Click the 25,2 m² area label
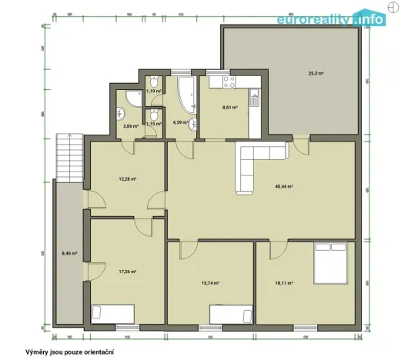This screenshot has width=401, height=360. tap(316, 73)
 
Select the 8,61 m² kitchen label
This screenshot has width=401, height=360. tap(229, 108)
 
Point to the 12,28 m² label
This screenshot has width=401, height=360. tap(128, 179)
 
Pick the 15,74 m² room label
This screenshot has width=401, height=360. tap(210, 282)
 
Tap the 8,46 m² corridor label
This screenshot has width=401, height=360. tap(69, 252)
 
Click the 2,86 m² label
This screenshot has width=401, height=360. tap(130, 125)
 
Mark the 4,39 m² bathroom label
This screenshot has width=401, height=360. tap(181, 122)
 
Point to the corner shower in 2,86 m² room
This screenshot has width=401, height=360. tap(132, 98)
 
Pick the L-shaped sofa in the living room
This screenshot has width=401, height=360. tap(254, 163)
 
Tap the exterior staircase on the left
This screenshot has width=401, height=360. tap(67, 158)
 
